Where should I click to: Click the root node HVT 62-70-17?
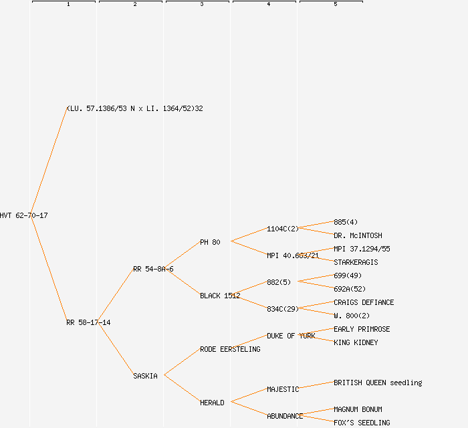tap(24, 215)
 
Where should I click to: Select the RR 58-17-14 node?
tap(88, 322)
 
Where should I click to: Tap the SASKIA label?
tap(145, 376)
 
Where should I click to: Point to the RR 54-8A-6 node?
tap(153, 269)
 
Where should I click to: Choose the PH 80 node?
tap(210, 242)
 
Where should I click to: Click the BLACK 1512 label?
tap(220, 296)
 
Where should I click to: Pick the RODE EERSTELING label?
tap(230, 349)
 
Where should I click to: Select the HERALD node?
tap(212, 403)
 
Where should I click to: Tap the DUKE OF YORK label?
tap(291, 336)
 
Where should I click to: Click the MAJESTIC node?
tap(283, 389)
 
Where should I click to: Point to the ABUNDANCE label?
tap(285, 416)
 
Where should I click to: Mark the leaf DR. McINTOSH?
tap(358, 235)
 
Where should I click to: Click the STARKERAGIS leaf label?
tap(356, 262)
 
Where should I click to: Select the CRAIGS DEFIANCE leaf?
tap(364, 302)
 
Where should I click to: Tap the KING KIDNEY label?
tap(356, 342)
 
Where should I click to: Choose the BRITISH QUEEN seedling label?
tap(378, 383)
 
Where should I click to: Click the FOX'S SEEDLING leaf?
tap(362, 423)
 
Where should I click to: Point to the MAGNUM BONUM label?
tap(358, 409)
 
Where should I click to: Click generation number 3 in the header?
tap(202, 5)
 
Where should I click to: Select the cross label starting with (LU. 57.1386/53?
tap(134, 108)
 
